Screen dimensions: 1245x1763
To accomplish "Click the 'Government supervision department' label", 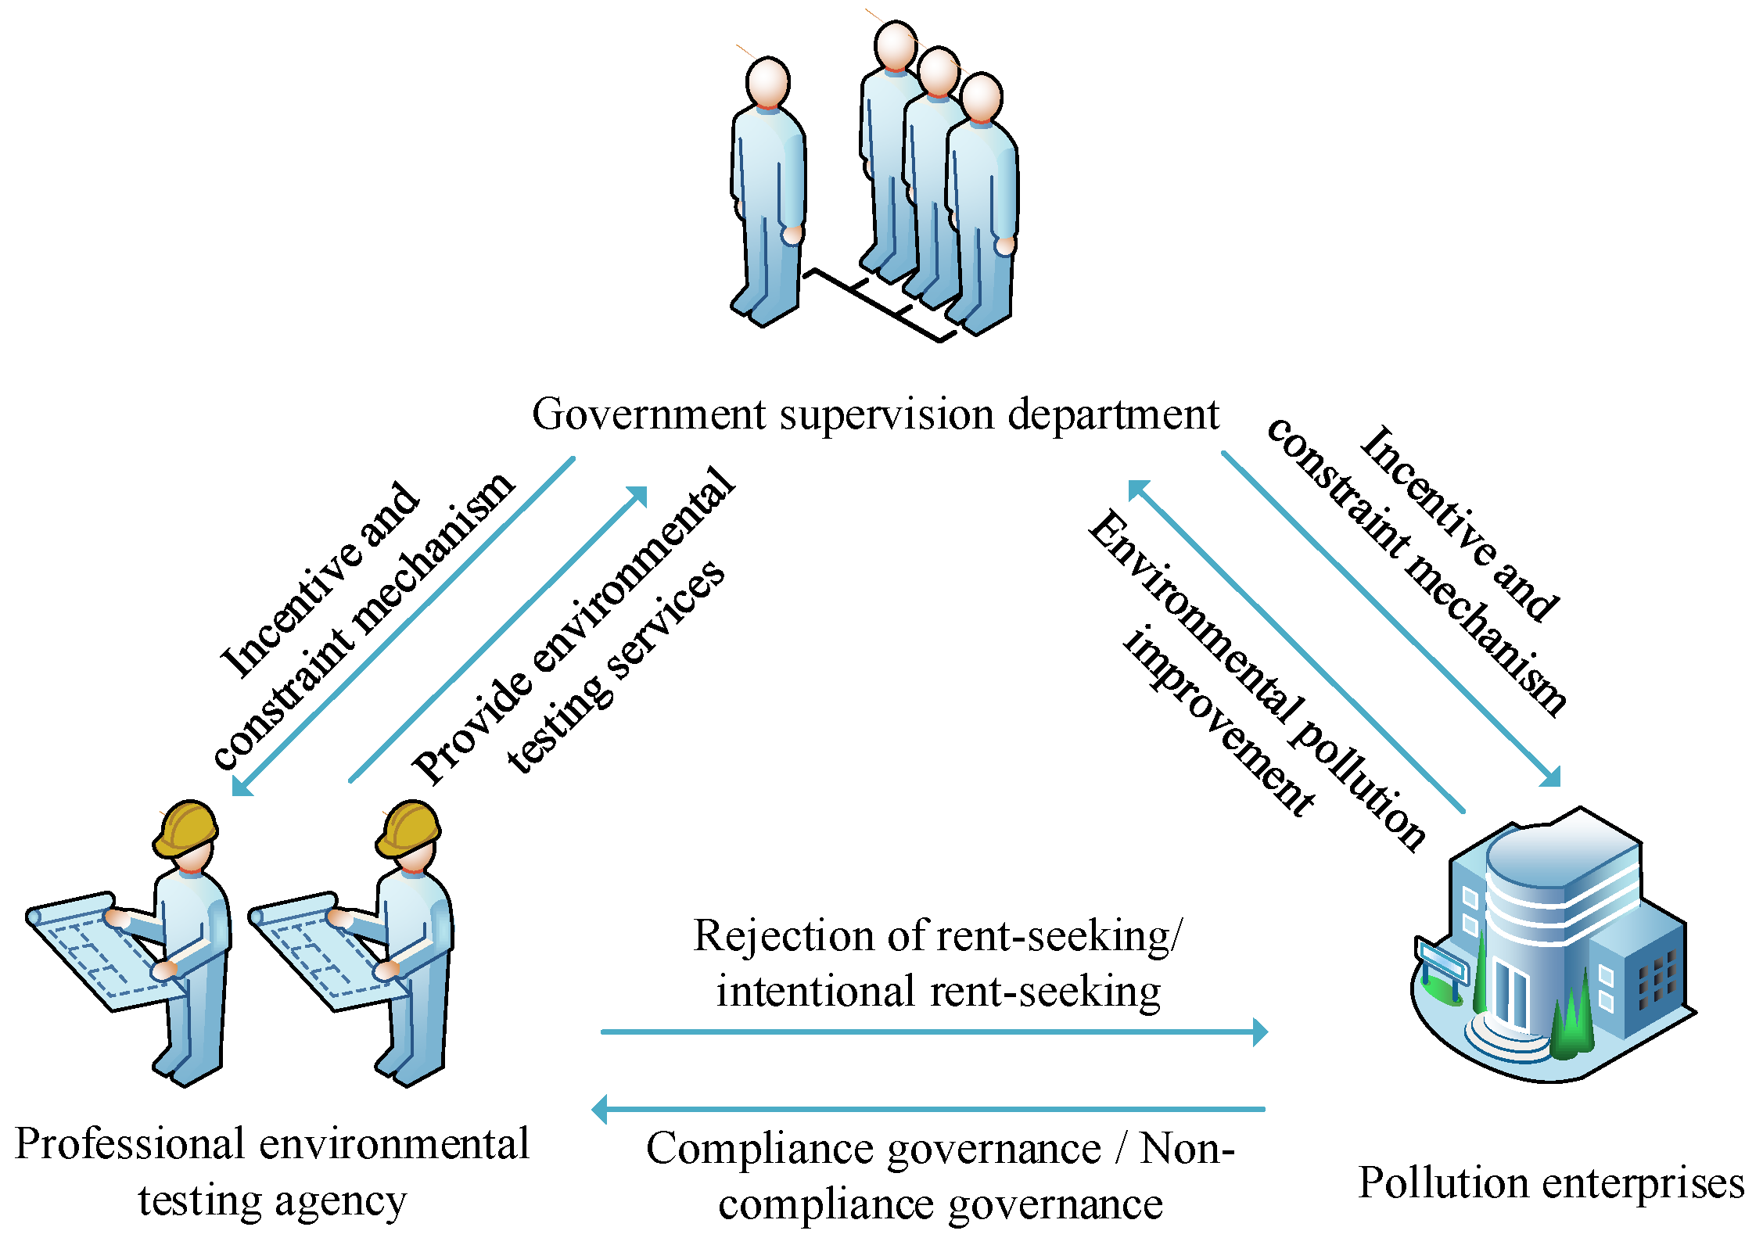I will point(874,414).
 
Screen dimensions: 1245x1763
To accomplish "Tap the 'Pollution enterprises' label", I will point(1551,1183).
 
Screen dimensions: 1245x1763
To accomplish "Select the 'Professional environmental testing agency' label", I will point(272,1171).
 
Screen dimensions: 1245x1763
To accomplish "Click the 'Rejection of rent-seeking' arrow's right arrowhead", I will point(1259,1032).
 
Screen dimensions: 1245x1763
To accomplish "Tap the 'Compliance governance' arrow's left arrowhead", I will point(600,1109).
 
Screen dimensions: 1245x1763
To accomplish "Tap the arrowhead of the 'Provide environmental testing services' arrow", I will point(638,496).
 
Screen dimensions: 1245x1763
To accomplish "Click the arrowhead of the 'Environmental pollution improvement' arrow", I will point(1138,490).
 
